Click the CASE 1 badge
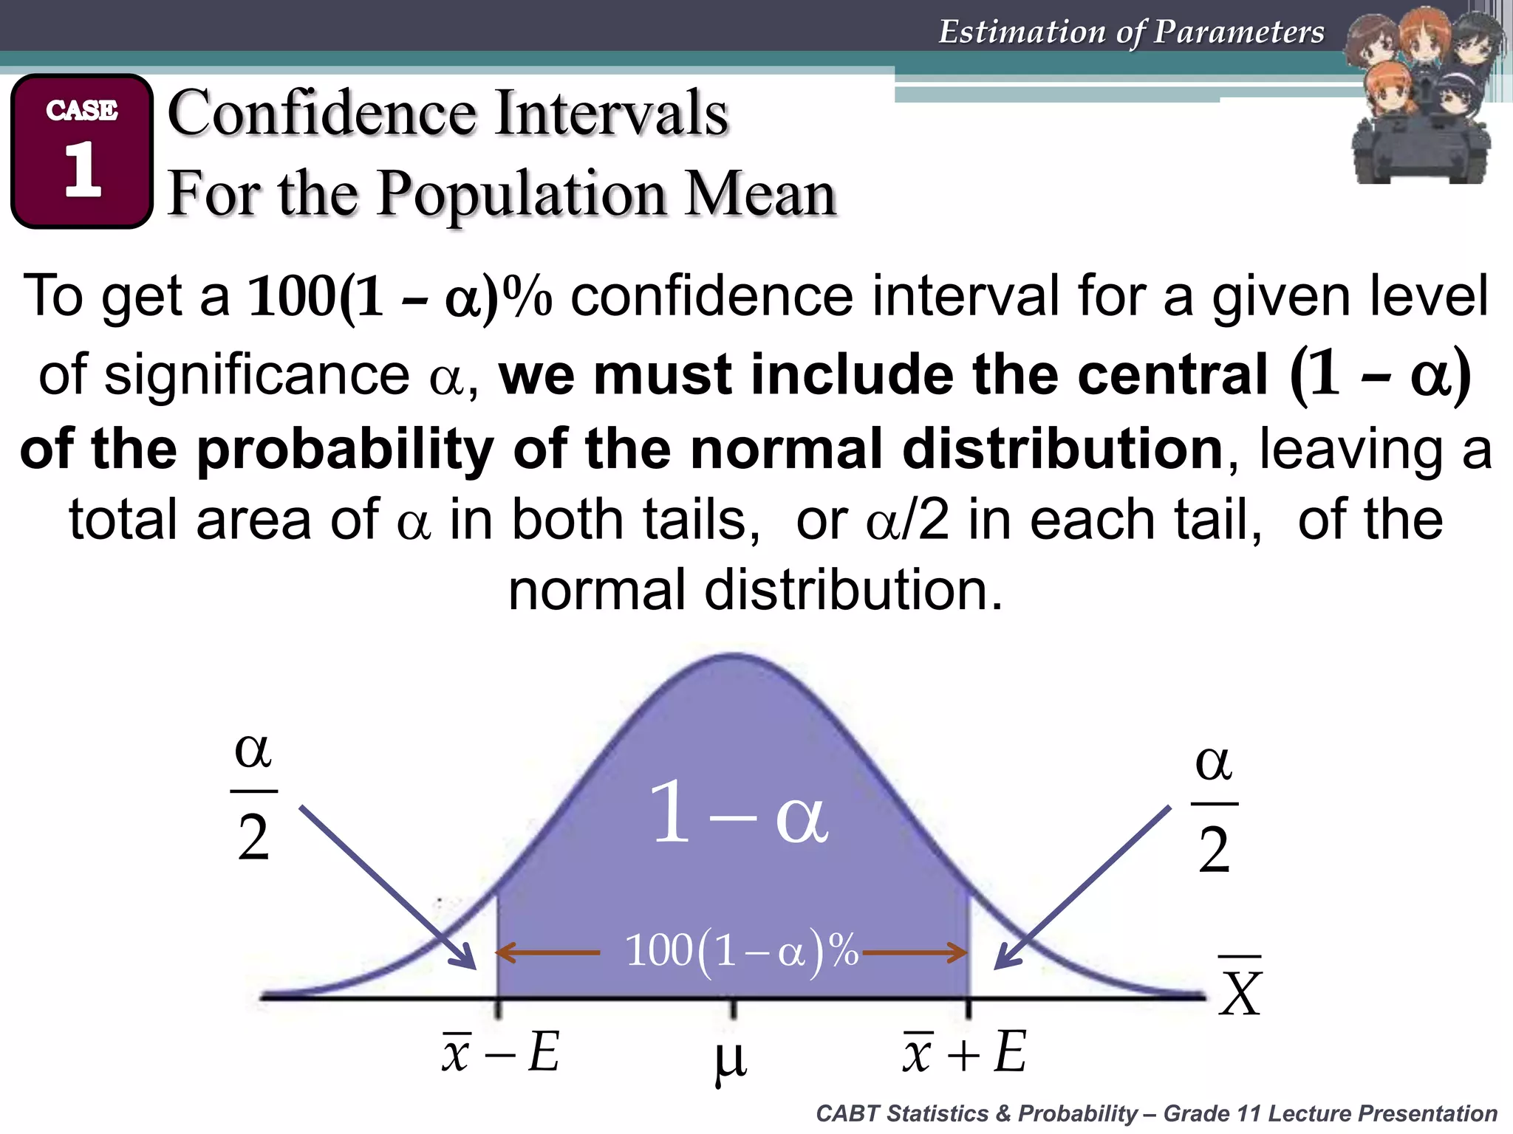82,151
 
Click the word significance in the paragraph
257,374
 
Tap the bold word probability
345,449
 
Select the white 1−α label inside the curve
738,814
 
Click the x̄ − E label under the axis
501,1051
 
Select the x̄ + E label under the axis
964,1051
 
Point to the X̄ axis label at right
1240,989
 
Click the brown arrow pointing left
547,952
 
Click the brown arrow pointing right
915,952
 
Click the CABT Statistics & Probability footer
1155,1113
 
